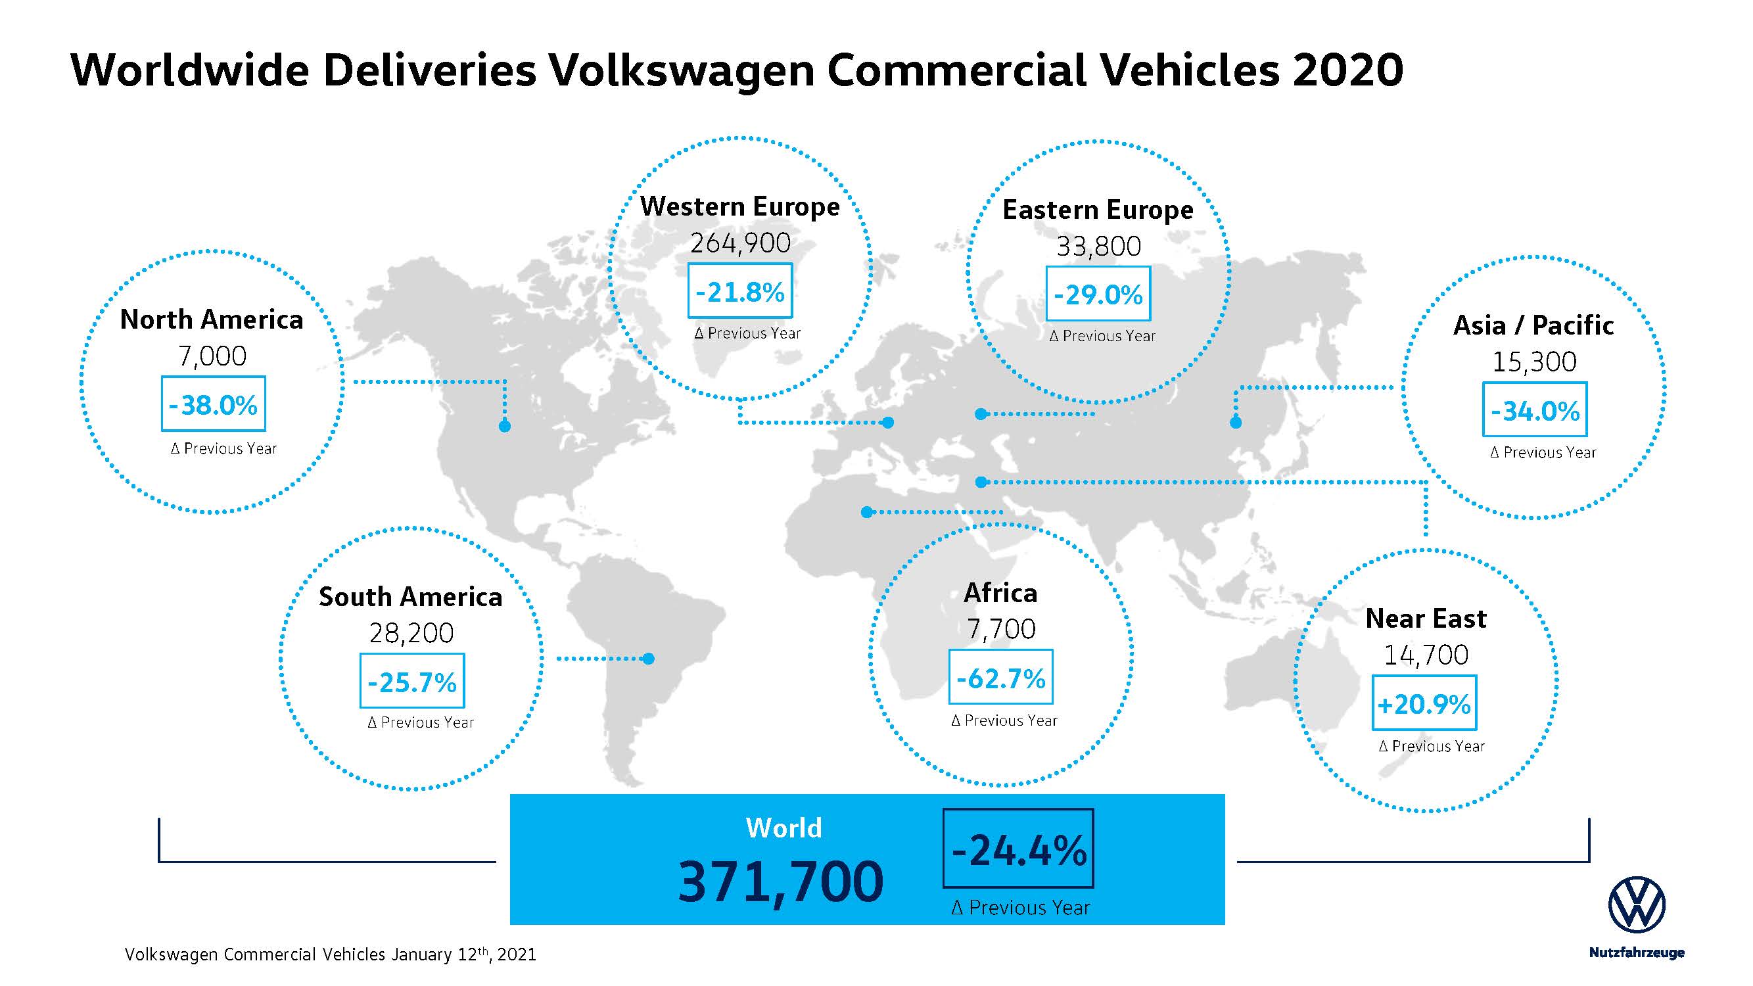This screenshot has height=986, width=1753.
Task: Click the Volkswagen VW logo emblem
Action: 1636,904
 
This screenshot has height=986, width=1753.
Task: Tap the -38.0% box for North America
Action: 213,404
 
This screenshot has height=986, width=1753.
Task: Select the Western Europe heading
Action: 739,206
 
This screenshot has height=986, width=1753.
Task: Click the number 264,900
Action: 740,243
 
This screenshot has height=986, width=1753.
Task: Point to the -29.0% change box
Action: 1098,294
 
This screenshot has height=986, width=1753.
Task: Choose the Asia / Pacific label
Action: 1533,325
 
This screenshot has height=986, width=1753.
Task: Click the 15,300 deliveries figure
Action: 1534,362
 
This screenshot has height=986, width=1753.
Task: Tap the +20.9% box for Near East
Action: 1424,703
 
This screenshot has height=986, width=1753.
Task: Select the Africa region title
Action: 1000,593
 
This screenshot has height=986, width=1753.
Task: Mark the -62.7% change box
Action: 1000,677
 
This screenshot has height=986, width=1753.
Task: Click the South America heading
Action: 410,597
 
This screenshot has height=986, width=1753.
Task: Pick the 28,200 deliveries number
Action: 411,634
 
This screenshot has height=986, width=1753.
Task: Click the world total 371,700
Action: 781,882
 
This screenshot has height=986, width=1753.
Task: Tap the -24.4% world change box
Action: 1018,849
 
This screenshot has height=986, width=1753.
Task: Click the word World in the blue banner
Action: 784,828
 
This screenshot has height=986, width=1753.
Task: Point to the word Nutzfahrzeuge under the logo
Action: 1636,952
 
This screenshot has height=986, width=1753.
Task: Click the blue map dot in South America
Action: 649,659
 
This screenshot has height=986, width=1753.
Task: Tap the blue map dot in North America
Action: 504,427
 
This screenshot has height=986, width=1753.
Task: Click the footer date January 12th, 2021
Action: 463,954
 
